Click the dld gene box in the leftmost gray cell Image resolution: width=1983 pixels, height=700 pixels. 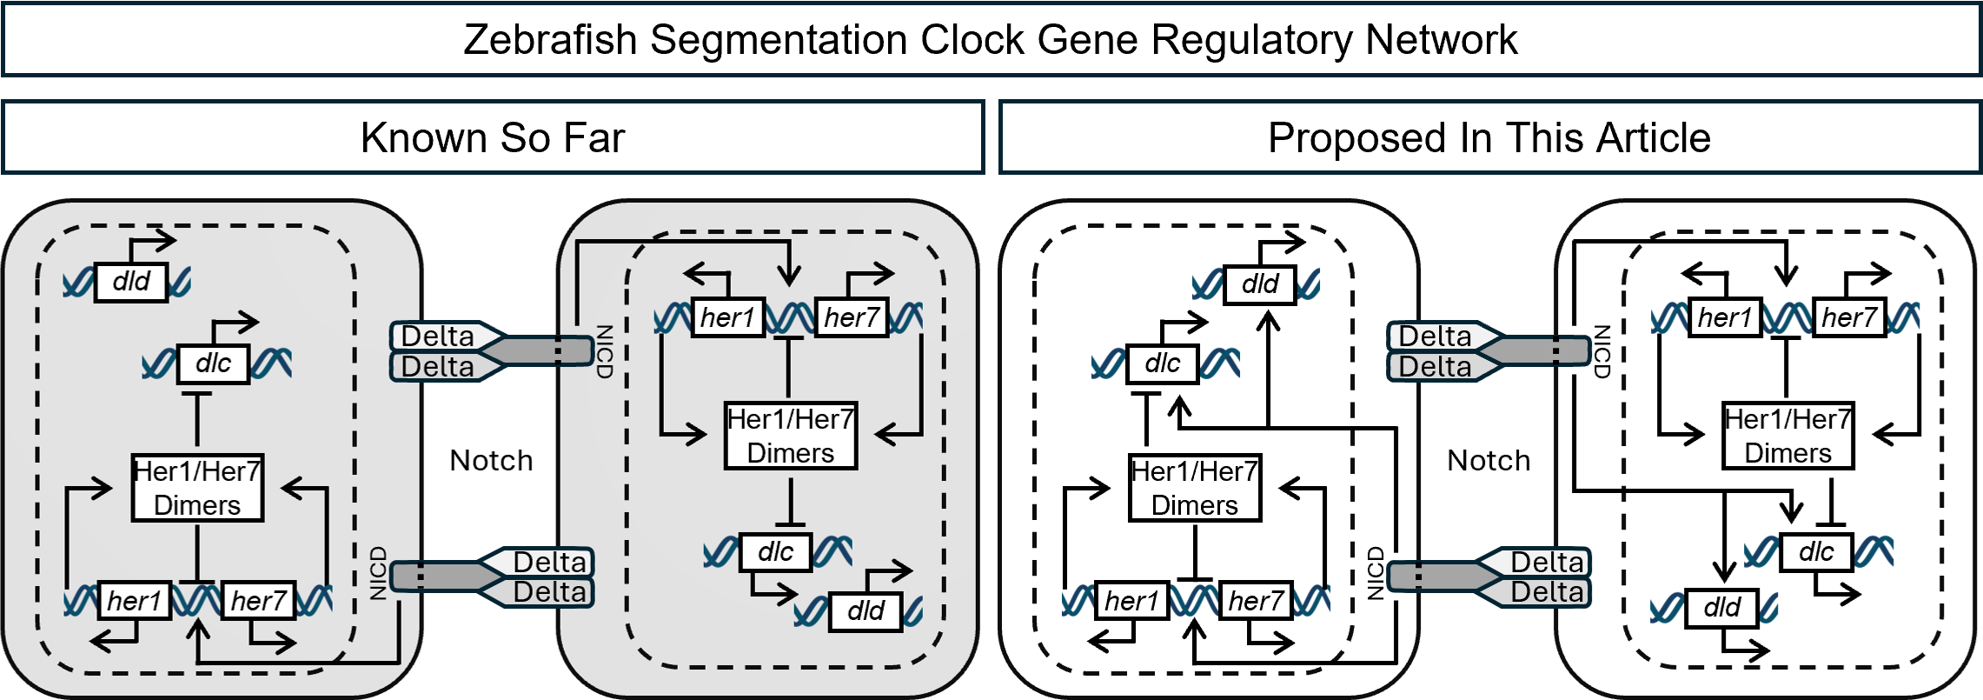click(131, 282)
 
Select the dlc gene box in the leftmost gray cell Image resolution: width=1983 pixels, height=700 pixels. click(213, 363)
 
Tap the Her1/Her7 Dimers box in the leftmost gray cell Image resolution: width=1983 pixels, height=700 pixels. click(197, 488)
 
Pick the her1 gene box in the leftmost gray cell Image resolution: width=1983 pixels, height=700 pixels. click(134, 600)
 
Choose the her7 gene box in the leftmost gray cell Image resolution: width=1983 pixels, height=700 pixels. click(258, 600)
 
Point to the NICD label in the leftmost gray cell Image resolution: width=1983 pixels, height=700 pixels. click(378, 573)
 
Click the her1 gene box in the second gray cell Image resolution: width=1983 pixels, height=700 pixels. click(727, 317)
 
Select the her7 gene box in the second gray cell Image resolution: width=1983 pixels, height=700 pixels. click(852, 317)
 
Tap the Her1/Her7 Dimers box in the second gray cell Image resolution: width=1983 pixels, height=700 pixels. click(791, 436)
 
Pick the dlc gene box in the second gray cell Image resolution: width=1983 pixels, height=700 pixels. click(775, 552)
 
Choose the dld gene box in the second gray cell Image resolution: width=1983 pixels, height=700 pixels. click(865, 610)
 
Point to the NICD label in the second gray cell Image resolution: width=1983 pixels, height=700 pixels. click(605, 351)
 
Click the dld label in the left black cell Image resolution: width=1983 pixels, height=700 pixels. click(1259, 283)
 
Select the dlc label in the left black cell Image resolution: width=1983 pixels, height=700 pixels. click(1162, 363)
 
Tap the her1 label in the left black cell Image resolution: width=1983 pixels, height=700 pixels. click(1131, 600)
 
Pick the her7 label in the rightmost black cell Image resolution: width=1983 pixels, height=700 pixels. click(1849, 317)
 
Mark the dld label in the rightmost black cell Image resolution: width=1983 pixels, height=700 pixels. click(1721, 607)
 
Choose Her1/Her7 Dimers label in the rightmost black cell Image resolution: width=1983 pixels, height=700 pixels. click(1787, 436)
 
